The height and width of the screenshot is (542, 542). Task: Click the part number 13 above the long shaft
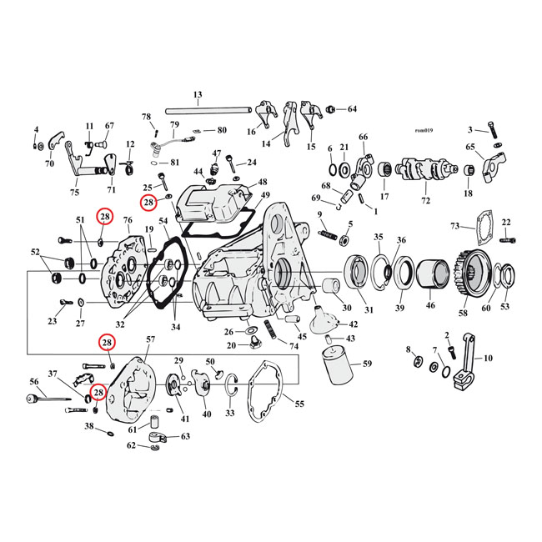click(x=198, y=95)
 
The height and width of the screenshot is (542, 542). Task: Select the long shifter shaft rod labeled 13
click(x=208, y=111)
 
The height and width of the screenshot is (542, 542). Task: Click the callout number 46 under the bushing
click(x=430, y=305)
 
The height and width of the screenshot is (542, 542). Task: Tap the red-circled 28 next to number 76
click(x=105, y=217)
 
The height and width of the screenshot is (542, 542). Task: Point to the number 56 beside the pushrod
click(x=34, y=382)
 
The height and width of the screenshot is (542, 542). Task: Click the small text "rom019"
click(x=424, y=130)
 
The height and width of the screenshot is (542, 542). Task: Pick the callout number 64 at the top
click(x=352, y=109)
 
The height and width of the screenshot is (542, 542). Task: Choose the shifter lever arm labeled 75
click(x=87, y=163)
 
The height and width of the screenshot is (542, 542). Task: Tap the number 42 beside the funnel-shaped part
click(x=354, y=324)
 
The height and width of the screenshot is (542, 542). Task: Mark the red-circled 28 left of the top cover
click(x=148, y=203)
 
